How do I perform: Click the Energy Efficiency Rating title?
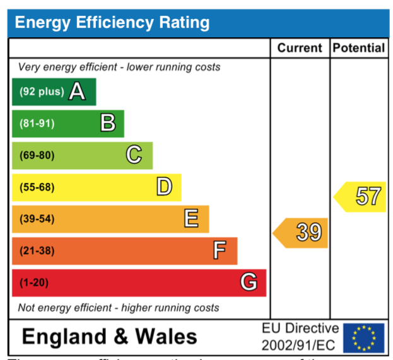(x=112, y=23)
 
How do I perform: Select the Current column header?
(x=300, y=48)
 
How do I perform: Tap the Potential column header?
(x=358, y=48)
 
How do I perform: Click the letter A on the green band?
(x=77, y=92)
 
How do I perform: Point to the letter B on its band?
(x=108, y=124)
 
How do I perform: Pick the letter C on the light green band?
(x=134, y=155)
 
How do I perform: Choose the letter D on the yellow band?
(x=164, y=187)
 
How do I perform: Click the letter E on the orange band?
(x=191, y=219)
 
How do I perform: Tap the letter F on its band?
(x=219, y=251)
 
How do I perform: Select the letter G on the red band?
(x=249, y=282)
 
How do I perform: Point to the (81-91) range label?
(x=37, y=124)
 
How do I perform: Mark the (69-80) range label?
(x=37, y=155)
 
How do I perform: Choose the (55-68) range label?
(x=37, y=187)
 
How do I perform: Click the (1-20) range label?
(x=33, y=282)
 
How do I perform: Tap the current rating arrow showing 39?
(x=302, y=233)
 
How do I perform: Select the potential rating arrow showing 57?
(x=361, y=197)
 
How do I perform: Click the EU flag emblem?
(x=363, y=338)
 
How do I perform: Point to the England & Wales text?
(x=109, y=337)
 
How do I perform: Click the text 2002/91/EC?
(x=300, y=345)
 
